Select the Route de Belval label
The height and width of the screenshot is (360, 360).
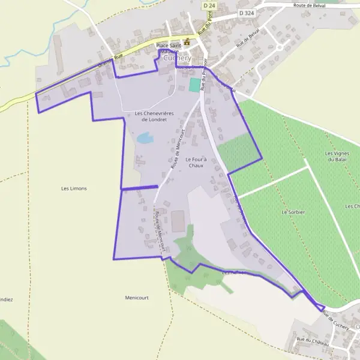pyautogui.click(x=310, y=5)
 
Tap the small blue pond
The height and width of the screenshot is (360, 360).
pyautogui.click(x=145, y=139)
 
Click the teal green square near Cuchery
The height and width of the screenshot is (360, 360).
pyautogui.click(x=194, y=85)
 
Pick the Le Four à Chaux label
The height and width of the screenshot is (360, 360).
pyautogui.click(x=196, y=162)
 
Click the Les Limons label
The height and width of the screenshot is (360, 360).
pyautogui.click(x=74, y=188)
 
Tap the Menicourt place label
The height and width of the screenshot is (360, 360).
pyautogui.click(x=137, y=298)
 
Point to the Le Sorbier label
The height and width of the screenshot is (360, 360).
pyautogui.click(x=293, y=212)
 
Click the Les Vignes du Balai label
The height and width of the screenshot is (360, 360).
pyautogui.click(x=338, y=156)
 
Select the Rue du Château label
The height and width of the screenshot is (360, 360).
pyautogui.click(x=313, y=341)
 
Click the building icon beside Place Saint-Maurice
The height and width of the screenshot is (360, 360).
pyautogui.click(x=187, y=41)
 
